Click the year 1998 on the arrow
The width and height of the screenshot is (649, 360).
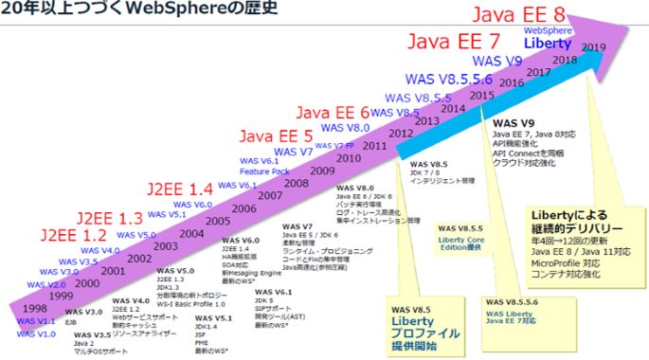point(36,308)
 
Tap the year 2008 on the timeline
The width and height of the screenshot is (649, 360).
point(296,183)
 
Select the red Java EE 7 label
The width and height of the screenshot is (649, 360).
point(453,43)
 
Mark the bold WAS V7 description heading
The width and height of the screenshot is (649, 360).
point(297,226)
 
